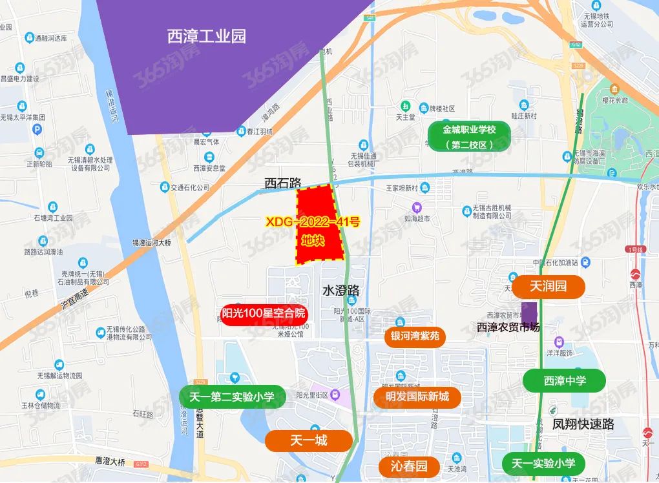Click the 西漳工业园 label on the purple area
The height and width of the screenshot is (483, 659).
[x=207, y=36]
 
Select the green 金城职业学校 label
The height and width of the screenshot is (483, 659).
[x=469, y=137]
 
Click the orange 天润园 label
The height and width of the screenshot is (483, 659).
[x=548, y=286]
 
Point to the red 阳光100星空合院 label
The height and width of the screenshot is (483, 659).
[x=264, y=314]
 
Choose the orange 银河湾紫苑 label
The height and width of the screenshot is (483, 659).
[x=415, y=336]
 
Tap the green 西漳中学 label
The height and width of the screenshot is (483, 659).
[x=565, y=380]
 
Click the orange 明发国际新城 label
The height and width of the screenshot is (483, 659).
[x=417, y=396]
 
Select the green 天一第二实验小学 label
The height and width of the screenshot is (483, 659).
[x=231, y=397]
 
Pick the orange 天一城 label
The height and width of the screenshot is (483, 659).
[x=309, y=440]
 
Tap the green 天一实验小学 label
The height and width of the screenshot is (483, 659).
[x=543, y=463]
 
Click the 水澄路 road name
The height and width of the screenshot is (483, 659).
[x=341, y=291]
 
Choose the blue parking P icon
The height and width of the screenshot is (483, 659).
[x=37, y=130]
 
